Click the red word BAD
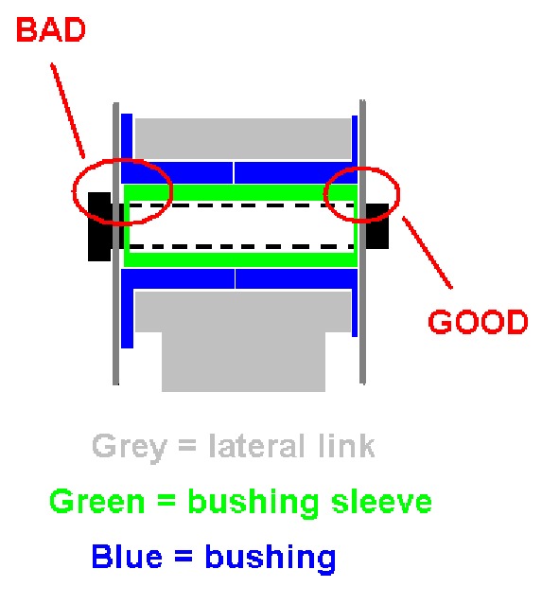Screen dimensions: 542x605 50,30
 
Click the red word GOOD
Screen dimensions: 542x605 478,322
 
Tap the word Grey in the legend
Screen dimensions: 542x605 130,448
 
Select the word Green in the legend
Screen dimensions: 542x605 97,501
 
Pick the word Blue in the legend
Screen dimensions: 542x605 127,556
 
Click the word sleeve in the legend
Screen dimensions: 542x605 381,501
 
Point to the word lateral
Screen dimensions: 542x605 260,446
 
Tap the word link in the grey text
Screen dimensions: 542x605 346,446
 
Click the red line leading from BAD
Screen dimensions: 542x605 68,111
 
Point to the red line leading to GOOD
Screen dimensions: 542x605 428,253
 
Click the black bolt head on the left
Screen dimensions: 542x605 99,226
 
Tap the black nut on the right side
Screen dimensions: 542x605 377,226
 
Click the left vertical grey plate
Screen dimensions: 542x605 115,244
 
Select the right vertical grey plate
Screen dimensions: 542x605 362,242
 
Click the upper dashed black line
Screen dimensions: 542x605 242,205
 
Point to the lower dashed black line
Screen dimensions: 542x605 242,246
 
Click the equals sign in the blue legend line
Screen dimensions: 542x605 184,557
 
